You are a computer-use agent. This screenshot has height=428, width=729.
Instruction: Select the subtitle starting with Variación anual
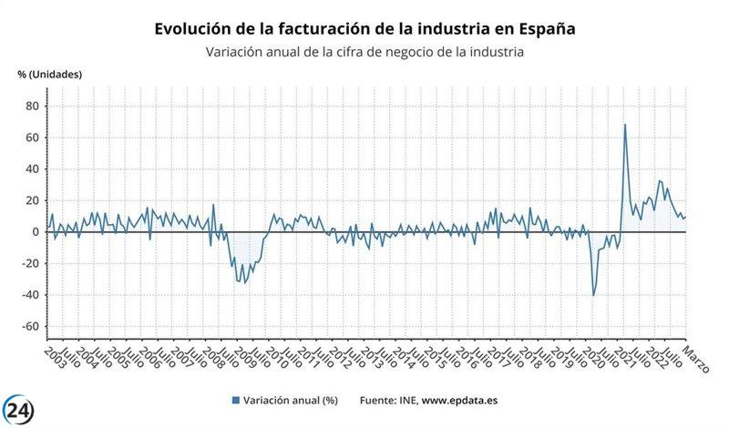(365, 52)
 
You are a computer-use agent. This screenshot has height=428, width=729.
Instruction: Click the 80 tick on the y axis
(31, 106)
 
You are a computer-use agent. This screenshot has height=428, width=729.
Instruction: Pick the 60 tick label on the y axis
(31, 138)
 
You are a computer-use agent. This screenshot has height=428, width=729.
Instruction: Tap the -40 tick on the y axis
(28, 295)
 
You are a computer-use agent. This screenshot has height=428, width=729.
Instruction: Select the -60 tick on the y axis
(28, 327)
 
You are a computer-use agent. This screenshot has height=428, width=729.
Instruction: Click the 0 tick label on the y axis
(35, 232)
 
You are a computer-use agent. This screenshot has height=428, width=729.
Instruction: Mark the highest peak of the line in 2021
(625, 125)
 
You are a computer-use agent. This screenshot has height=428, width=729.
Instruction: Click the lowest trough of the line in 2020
(594, 295)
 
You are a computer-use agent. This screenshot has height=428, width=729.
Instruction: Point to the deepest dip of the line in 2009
(244, 282)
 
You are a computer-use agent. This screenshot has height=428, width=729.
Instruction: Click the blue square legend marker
(236, 400)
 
